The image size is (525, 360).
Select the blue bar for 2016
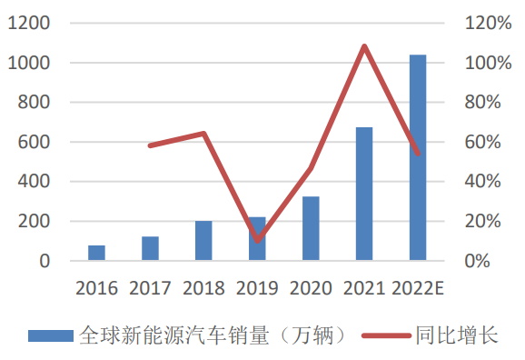(96, 253)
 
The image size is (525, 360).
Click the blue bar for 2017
(150, 248)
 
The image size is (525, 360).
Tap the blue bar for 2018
(203, 241)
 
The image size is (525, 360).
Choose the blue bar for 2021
(364, 194)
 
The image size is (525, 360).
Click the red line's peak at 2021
(364, 45)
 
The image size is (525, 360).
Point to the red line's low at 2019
(257, 241)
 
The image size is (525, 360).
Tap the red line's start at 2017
(150, 145)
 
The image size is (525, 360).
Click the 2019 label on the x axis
(257, 288)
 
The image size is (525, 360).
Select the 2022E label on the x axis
(418, 288)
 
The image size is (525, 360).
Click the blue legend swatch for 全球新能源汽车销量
(50, 335)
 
